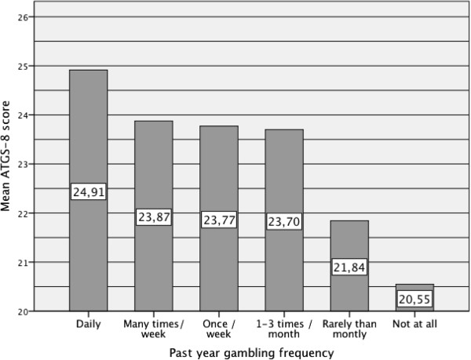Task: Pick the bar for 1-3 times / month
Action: [284, 173]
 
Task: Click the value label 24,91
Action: [89, 191]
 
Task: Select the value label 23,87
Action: [154, 217]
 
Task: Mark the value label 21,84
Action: [349, 267]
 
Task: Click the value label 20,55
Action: [414, 300]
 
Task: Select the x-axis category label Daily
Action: [89, 324]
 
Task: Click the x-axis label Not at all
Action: [414, 324]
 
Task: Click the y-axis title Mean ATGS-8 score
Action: [9, 164]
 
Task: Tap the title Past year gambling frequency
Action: [251, 352]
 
